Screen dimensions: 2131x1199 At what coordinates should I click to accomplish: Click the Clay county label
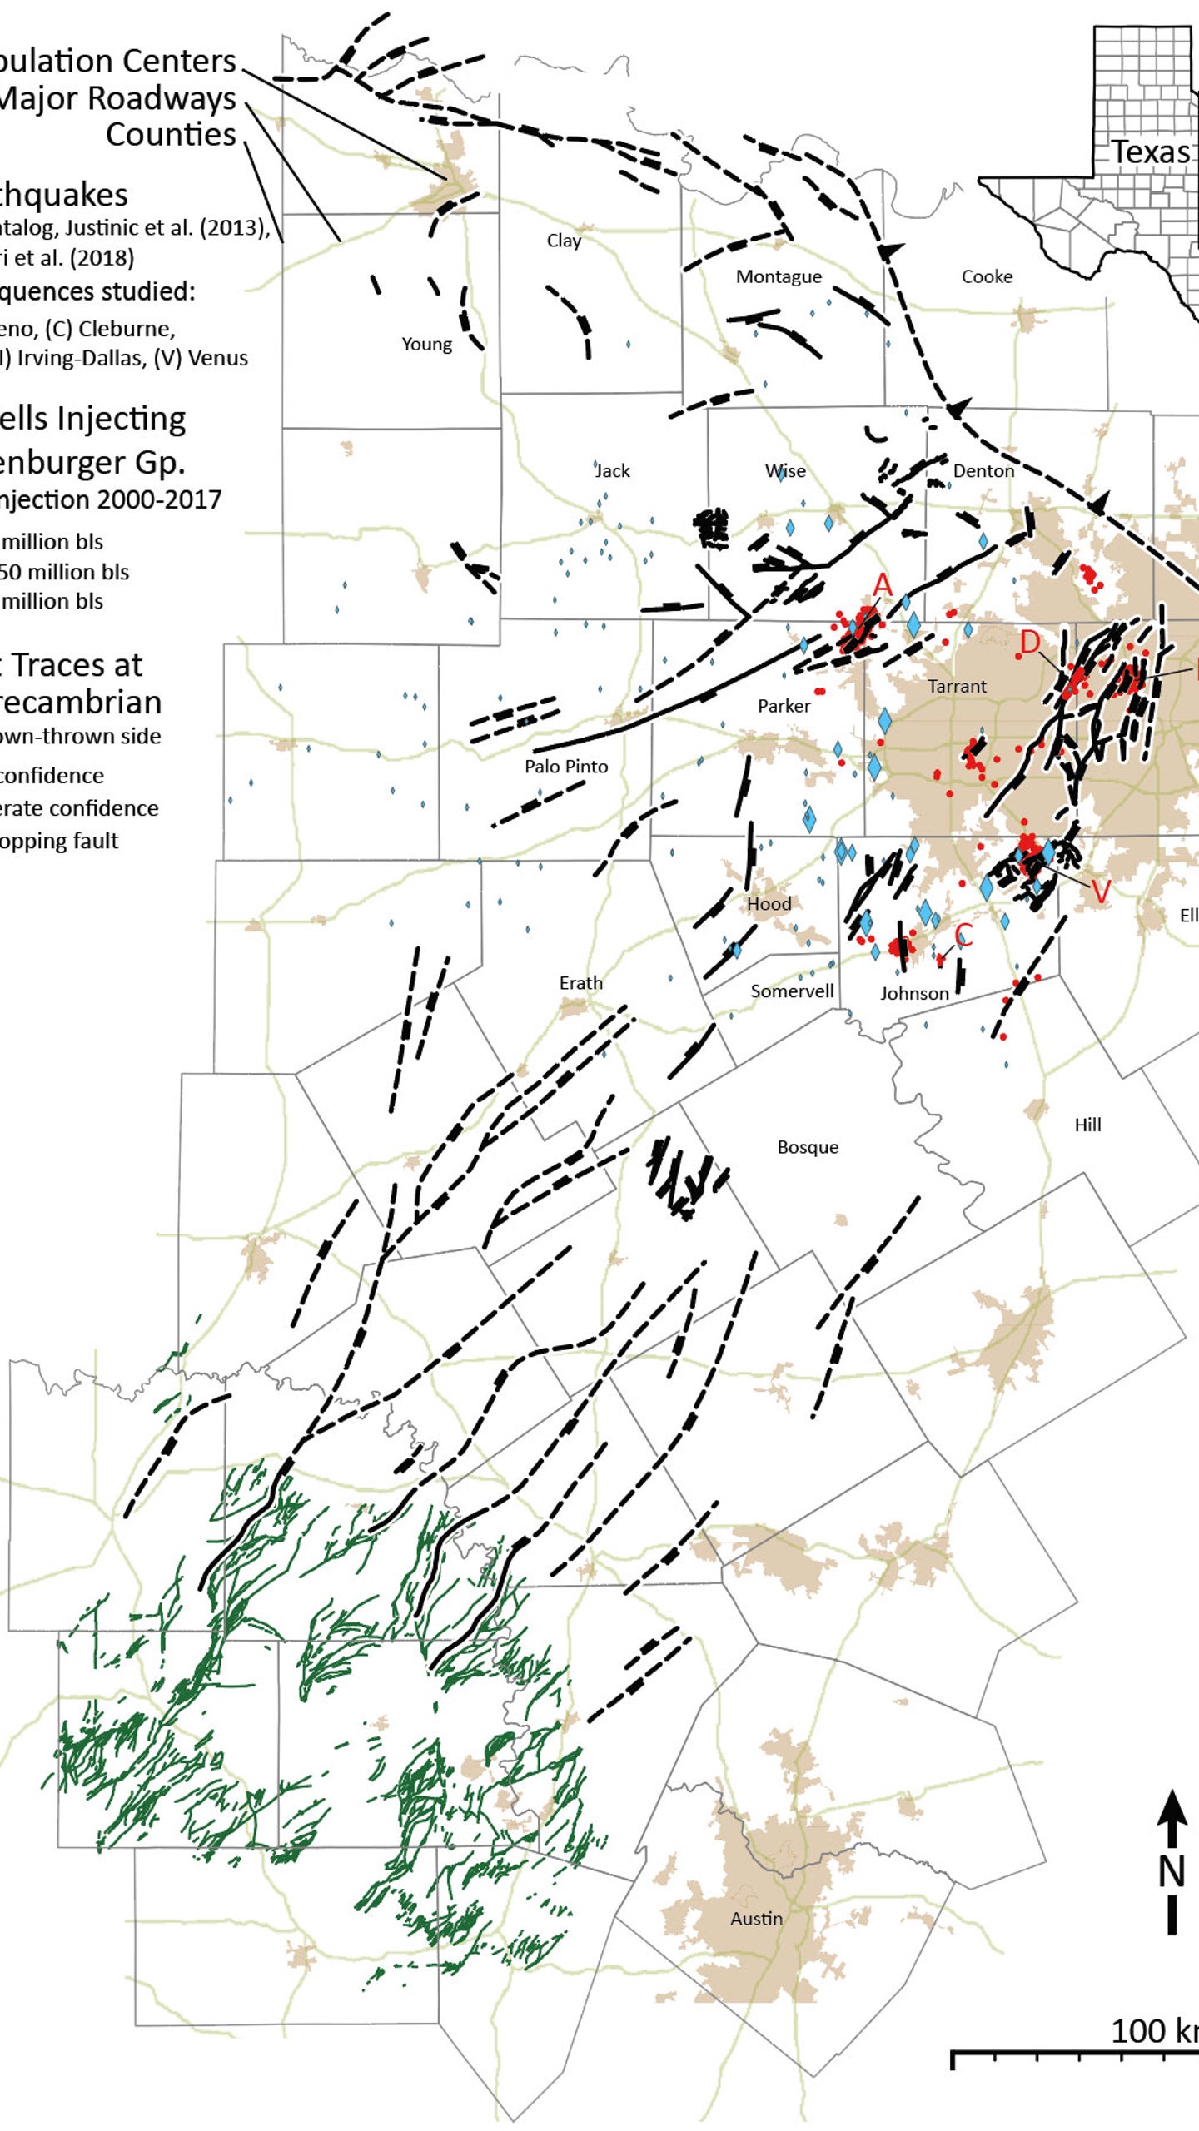[x=564, y=241]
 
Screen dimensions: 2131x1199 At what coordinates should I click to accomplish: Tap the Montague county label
[x=779, y=276]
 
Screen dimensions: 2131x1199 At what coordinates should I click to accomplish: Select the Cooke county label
[x=987, y=276]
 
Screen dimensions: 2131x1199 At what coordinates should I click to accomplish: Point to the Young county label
[x=426, y=344]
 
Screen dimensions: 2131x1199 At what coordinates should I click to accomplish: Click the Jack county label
[x=612, y=471]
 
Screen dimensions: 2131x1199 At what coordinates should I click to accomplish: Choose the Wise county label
[x=785, y=471]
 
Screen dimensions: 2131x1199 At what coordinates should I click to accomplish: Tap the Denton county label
[x=983, y=471]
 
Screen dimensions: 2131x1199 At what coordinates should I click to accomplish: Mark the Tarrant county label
[x=957, y=686]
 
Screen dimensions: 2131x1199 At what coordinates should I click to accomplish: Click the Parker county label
[x=784, y=706]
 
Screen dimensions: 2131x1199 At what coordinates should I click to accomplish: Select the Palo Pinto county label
[x=566, y=766]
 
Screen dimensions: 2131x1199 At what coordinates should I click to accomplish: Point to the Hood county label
[x=769, y=903]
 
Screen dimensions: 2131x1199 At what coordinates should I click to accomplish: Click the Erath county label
[x=580, y=983]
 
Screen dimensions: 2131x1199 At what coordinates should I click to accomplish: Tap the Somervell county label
[x=792, y=991]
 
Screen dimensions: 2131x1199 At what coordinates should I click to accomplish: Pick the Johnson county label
[x=914, y=993]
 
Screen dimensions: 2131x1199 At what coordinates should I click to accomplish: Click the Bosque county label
[x=808, y=1147]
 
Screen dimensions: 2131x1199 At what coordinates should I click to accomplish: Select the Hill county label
[x=1087, y=1125]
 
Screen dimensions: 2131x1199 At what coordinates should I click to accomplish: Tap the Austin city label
[x=756, y=1919]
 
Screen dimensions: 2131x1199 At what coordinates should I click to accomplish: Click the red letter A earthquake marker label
[x=883, y=584]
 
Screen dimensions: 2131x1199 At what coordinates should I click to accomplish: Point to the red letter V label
[x=1101, y=892]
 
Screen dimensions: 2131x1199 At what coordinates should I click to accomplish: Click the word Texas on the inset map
[x=1151, y=152]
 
